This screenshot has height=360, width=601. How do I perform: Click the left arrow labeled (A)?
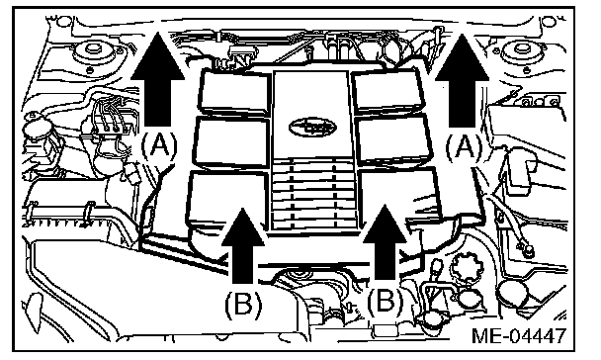157,80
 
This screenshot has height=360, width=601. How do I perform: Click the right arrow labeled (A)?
462,81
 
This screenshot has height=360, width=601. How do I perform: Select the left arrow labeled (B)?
243,245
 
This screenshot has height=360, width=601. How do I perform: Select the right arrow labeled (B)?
385,242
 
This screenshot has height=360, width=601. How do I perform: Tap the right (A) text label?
465,147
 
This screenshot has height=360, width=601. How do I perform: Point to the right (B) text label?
386,301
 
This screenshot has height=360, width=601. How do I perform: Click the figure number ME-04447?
519,336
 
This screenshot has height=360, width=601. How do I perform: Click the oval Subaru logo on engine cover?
312,127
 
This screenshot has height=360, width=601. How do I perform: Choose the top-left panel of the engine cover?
234,92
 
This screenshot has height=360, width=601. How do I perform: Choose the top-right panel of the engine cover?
387,91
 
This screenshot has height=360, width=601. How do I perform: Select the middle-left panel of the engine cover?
231,142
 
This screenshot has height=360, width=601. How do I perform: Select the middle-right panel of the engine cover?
393,139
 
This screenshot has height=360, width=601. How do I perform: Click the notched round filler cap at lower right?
465,266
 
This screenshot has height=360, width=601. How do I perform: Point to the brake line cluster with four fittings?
111,117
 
